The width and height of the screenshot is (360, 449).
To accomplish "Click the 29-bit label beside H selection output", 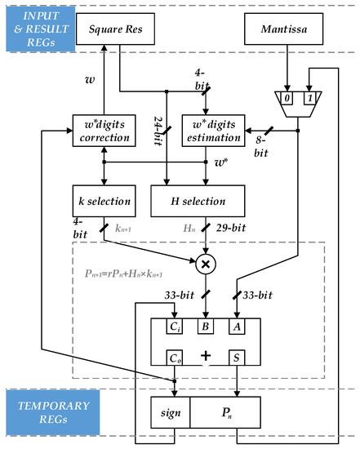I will point(242,231).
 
